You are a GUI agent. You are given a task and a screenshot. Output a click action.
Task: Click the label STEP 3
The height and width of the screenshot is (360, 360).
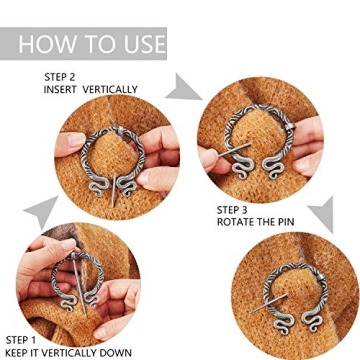[236, 208]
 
